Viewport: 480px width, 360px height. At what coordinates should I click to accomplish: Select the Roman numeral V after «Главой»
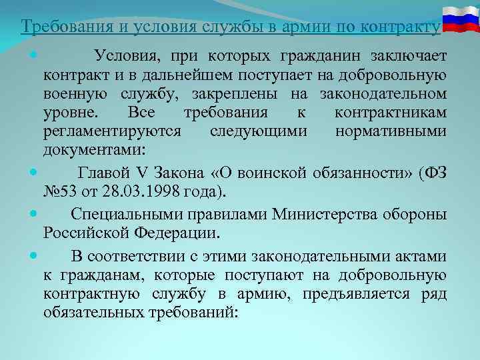146,175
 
